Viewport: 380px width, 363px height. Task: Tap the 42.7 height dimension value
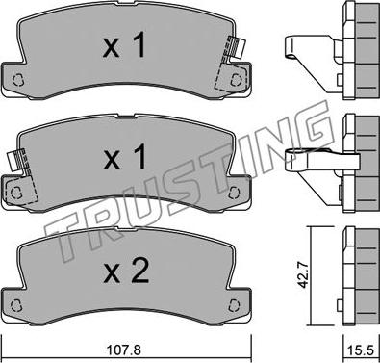(303, 274)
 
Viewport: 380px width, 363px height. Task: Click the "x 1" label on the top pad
(124, 46)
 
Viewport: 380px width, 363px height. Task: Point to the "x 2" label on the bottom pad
(126, 272)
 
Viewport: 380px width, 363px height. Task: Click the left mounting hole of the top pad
(18, 80)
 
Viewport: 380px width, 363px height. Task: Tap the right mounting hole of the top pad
(236, 79)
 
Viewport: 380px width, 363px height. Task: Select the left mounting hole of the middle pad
(14, 193)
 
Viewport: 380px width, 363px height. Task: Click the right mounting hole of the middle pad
(235, 193)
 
